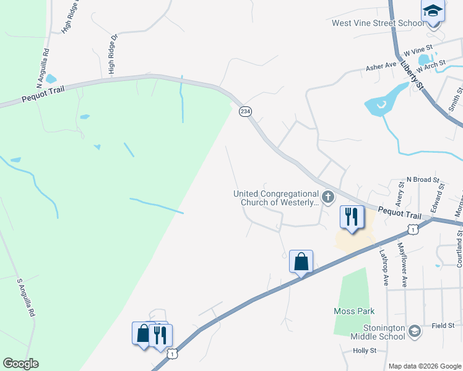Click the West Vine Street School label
coord(378,23)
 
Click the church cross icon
coord(328,198)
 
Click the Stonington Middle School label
coord(378,331)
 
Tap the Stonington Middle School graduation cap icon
coord(414,331)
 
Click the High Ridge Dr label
coord(113,54)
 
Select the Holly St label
coord(365,351)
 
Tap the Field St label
coord(443,325)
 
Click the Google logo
coord(20,364)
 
